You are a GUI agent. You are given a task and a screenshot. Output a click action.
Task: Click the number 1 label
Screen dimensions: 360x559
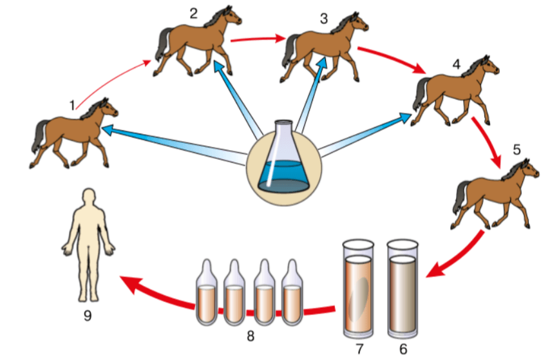pyautogui.click(x=73, y=103)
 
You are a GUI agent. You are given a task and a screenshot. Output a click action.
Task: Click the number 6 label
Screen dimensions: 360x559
pyautogui.click(x=403, y=348)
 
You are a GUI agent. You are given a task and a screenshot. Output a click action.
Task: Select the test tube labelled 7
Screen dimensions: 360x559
pyautogui.click(x=357, y=290)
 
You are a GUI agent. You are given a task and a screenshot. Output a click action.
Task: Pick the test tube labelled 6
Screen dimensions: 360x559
pyautogui.click(x=403, y=290)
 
